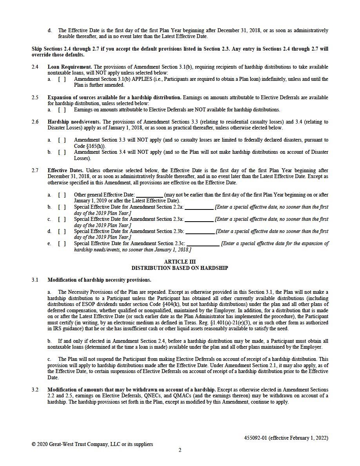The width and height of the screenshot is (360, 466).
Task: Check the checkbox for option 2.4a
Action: pyautogui.click(x=62, y=79)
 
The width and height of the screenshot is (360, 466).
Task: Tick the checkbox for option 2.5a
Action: pyautogui.click(x=62, y=110)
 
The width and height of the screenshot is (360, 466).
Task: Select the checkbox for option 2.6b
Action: pyautogui.click(x=62, y=152)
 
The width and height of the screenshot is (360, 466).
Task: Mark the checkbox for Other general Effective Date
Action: pyautogui.click(x=62, y=195)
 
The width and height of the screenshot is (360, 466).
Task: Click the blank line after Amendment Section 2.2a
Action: pyautogui.click(x=199, y=207)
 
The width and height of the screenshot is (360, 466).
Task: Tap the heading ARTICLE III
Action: pyautogui.click(x=180, y=262)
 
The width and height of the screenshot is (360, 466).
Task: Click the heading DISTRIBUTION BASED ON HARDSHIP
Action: pyautogui.click(x=180, y=268)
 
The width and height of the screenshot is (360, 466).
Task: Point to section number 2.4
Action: pyautogui.click(x=35, y=67)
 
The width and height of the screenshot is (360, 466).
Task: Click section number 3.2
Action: pyautogui.click(x=35, y=390)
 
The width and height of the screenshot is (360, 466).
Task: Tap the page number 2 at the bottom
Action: pyautogui.click(x=180, y=450)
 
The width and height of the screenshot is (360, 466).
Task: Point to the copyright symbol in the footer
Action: pyautogui.click(x=34, y=444)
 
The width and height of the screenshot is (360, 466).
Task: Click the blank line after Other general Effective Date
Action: pyautogui.click(x=149, y=195)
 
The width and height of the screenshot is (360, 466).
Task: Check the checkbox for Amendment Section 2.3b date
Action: pyautogui.click(x=62, y=231)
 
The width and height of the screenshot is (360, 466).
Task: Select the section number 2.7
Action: pyautogui.click(x=35, y=171)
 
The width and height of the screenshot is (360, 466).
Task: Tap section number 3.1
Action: pyautogui.click(x=35, y=280)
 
